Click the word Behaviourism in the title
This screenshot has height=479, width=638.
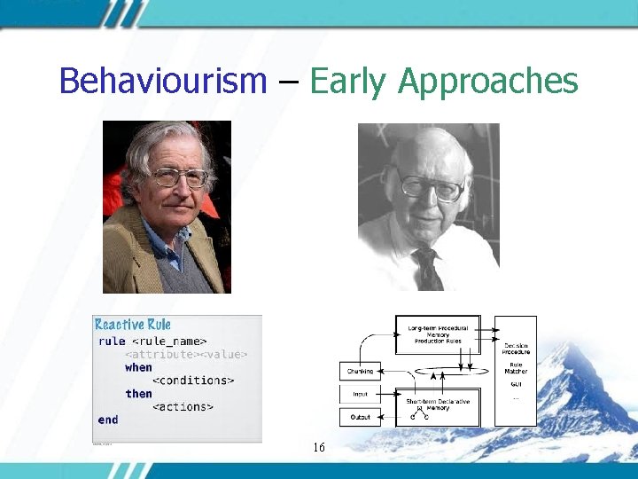click(x=162, y=82)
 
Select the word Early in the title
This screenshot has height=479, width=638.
click(x=346, y=82)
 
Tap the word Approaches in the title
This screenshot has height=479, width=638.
click(x=488, y=82)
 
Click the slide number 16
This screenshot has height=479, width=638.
click(x=319, y=448)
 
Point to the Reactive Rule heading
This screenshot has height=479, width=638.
click(x=133, y=325)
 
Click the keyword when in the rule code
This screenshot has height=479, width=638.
click(x=138, y=367)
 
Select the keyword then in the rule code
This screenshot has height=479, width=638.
click(x=138, y=394)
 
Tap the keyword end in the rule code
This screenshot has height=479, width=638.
click(x=108, y=420)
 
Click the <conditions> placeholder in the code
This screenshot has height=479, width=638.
click(x=193, y=381)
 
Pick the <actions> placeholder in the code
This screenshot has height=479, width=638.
click(x=183, y=407)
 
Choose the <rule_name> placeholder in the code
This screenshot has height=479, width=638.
click(x=168, y=341)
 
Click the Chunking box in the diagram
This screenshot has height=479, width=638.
click(x=360, y=371)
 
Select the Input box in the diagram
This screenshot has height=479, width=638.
click(x=360, y=394)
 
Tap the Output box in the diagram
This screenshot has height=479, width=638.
click(x=360, y=417)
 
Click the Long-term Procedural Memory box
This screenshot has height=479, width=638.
click(x=438, y=334)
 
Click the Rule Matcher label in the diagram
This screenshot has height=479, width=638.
click(x=516, y=366)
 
